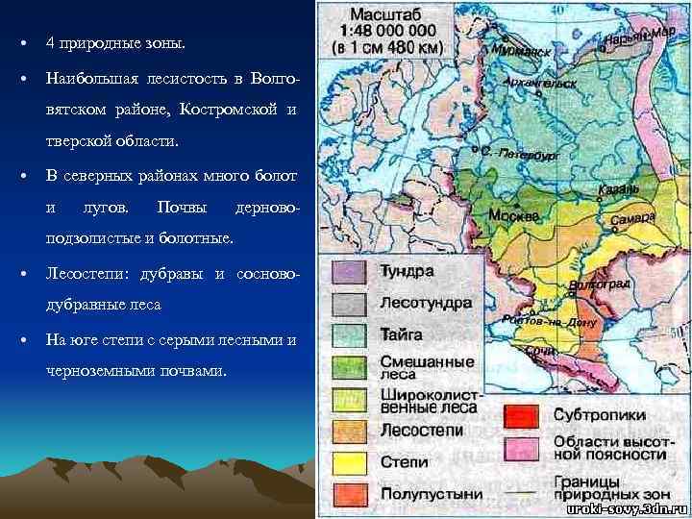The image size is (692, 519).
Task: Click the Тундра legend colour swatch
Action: [x=353, y=272]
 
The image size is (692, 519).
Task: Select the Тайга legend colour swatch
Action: [x=353, y=334]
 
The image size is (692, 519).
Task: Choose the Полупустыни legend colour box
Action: [x=353, y=494]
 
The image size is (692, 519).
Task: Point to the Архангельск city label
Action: [x=545, y=84]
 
